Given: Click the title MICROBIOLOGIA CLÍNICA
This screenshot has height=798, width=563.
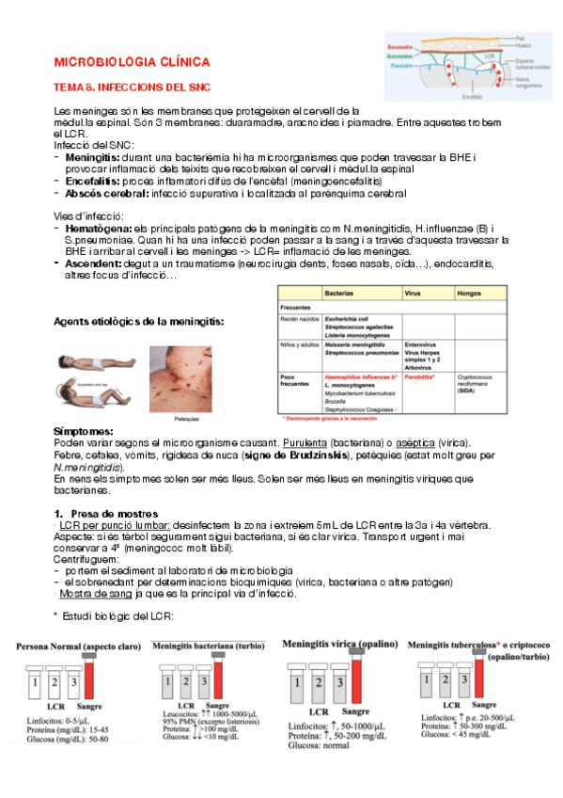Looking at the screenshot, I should (131, 61).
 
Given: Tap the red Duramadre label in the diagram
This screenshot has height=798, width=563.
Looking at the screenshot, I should (401, 44).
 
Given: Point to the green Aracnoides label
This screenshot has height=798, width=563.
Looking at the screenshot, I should (401, 56).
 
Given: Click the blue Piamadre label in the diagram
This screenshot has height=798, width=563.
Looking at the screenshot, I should (401, 67).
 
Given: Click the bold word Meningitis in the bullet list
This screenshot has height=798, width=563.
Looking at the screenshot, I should (93, 157).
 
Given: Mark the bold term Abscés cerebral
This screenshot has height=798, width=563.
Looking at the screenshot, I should (105, 193).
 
